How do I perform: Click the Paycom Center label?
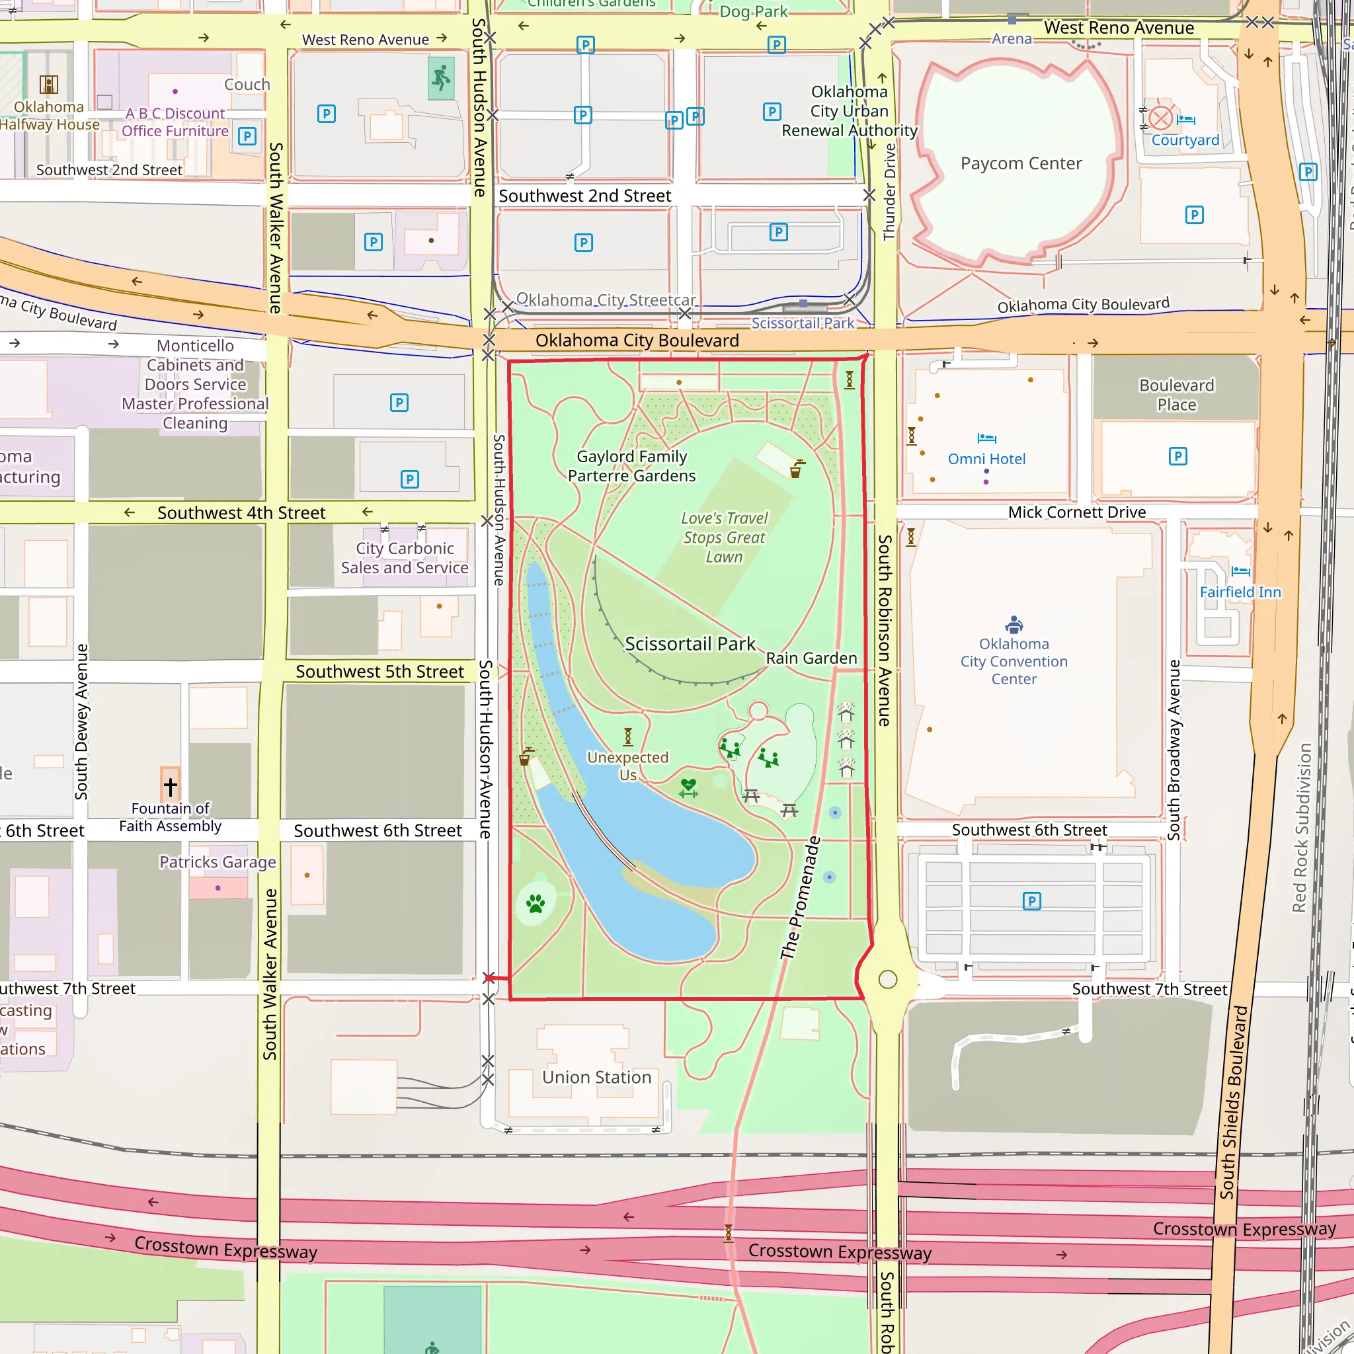pyautogui.click(x=1020, y=163)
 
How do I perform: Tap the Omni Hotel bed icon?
pyautogui.click(x=987, y=438)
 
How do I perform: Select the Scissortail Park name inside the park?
pyautogui.click(x=690, y=643)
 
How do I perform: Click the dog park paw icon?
pyautogui.click(x=536, y=903)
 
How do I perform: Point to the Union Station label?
pyautogui.click(x=596, y=1076)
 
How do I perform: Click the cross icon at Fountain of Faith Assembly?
pyautogui.click(x=171, y=785)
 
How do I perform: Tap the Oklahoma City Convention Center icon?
pyautogui.click(x=1014, y=623)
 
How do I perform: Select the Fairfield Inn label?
pyautogui.click(x=1240, y=592)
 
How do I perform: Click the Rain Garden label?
pyautogui.click(x=811, y=658)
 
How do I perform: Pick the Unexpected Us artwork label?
pyautogui.click(x=628, y=766)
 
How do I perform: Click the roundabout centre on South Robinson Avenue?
pyautogui.click(x=887, y=979)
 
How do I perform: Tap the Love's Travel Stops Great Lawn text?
pyautogui.click(x=724, y=537)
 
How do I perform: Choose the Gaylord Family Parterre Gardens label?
pyautogui.click(x=631, y=465)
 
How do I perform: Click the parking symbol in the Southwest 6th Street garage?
pyautogui.click(x=1031, y=900)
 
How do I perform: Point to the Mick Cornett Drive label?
pyautogui.click(x=1076, y=512)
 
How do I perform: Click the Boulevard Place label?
pyautogui.click(x=1176, y=395)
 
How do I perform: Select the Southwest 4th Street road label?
pyautogui.click(x=241, y=512)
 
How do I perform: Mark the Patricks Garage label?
pyautogui.click(x=218, y=861)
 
